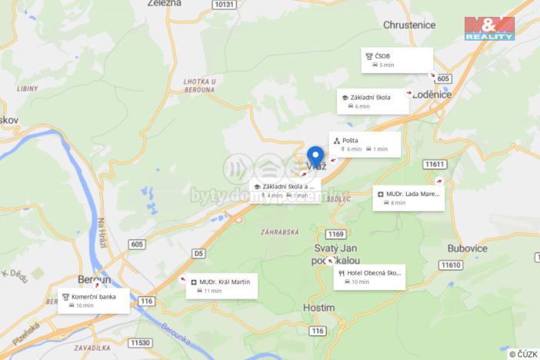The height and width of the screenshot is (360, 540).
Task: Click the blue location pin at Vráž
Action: coord(315,157)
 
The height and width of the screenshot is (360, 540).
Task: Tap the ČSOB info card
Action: coord(397,60)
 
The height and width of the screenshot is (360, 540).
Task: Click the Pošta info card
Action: coord(365,144)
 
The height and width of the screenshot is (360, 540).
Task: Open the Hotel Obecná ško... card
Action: coord(369,277)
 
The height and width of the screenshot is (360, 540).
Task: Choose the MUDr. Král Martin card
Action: coord(222,286)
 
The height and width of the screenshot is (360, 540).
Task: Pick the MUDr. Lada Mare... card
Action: coord(408,198)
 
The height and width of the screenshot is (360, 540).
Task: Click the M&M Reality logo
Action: coord(489,28)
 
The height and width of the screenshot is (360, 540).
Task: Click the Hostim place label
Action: coord(319,308)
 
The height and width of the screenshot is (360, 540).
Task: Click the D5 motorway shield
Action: coord(198,252)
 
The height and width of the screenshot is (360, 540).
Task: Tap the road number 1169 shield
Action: coord(335,234)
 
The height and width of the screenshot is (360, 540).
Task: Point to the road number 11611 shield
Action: coord(435,165)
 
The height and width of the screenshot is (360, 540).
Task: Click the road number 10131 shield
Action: coord(225,5)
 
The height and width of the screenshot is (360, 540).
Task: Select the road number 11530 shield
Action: coord(140,342)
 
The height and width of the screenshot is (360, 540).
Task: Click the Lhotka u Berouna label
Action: coord(200,85)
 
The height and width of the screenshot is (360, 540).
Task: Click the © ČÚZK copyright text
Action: coord(522,354)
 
